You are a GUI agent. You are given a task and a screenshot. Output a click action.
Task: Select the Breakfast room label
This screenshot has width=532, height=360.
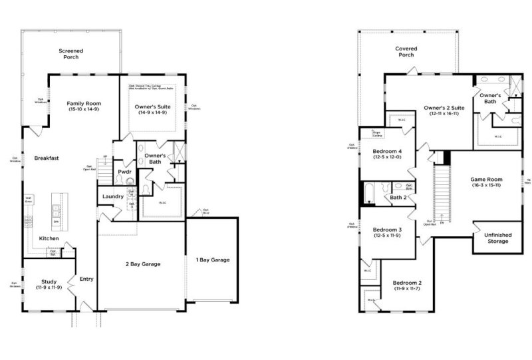[x=47, y=158]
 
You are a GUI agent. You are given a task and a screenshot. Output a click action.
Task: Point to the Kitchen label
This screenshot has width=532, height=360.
[x=49, y=238]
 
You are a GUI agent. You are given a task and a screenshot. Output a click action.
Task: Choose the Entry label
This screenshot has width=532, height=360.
[x=86, y=279]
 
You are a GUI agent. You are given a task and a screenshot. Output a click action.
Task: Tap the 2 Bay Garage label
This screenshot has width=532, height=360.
[x=143, y=264]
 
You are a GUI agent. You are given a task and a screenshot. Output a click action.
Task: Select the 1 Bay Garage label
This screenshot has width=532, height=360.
[x=212, y=260]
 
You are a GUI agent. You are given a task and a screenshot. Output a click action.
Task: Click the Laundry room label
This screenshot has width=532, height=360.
[x=112, y=196]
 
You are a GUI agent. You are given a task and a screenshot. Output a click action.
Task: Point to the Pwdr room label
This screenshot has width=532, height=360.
[x=124, y=172]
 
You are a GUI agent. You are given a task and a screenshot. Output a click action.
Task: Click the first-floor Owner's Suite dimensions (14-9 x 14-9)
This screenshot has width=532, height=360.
[x=152, y=113]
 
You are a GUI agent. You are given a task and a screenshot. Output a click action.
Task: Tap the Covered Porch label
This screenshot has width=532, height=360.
[x=406, y=51]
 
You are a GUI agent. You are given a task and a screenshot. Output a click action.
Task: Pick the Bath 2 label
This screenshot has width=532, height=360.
[x=398, y=197]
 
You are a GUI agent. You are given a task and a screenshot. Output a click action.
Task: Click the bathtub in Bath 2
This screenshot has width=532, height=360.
[x=369, y=194]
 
